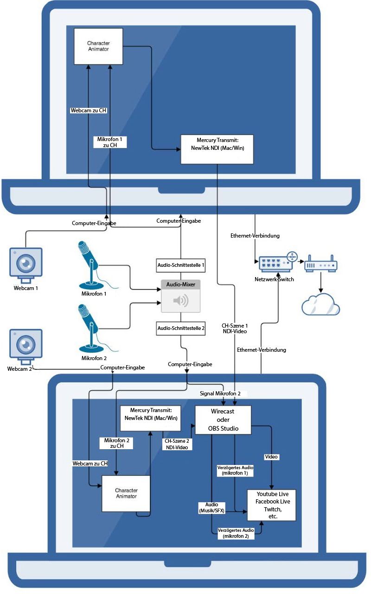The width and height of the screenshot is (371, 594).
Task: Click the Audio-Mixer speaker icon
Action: point(181,301)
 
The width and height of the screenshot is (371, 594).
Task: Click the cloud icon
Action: point(320,304)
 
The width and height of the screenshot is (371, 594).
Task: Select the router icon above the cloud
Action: point(320,265)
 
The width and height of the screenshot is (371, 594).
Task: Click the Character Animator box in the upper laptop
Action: point(98,46)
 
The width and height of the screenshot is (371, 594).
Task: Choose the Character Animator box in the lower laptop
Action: point(126,493)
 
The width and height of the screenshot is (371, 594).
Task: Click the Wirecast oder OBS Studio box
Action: point(223,420)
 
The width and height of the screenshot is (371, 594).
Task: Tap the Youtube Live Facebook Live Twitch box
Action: point(271,505)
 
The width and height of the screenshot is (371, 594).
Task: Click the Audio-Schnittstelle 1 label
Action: point(181,266)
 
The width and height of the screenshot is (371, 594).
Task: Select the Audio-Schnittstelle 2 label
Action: point(181,328)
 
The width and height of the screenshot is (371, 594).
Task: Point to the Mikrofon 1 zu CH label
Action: point(110,142)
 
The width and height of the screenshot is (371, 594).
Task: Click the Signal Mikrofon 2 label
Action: point(220,394)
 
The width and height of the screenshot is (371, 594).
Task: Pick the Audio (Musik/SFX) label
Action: point(211,507)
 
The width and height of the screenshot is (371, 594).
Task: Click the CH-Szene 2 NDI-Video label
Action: point(177,444)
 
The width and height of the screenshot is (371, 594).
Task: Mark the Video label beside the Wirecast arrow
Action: point(271,457)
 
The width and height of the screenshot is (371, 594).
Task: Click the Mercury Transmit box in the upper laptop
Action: point(217,149)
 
